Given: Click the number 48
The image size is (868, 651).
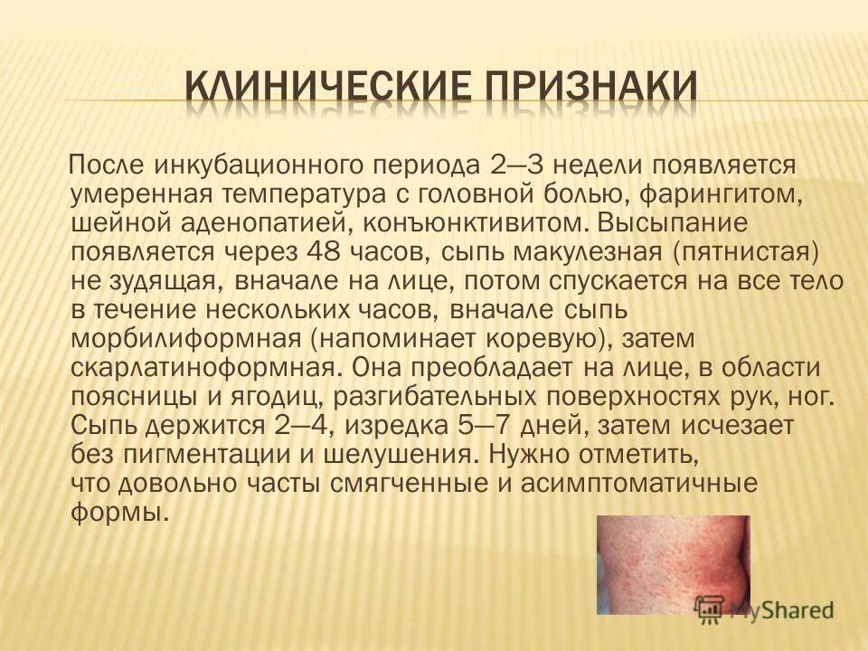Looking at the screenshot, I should pos(328,251).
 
